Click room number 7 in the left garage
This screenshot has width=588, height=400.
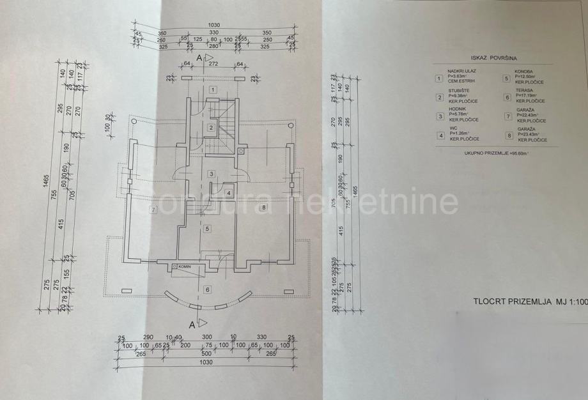pos(153,209)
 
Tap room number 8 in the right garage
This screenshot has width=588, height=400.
pos(263,208)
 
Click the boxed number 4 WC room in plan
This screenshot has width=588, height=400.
pos(228,193)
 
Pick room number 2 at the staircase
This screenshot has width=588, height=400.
pos(210,128)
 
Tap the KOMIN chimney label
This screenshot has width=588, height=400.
pos(185,266)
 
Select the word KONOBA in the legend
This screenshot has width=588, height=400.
pos(525,71)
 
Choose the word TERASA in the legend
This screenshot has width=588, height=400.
pos(524,91)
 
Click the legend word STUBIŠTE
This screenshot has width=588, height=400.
pos(458,91)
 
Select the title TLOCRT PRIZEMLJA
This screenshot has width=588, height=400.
pos(511,300)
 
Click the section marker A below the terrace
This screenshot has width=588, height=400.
pos(192,325)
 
